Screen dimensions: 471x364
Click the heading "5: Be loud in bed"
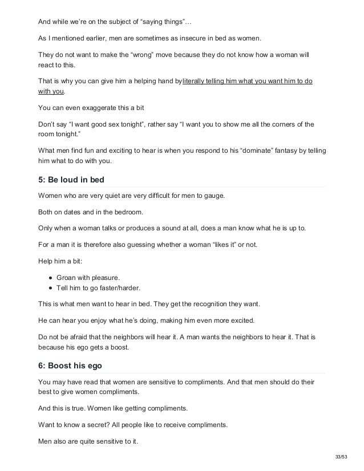tap(71, 180)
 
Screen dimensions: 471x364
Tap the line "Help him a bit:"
tap(61, 264)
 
